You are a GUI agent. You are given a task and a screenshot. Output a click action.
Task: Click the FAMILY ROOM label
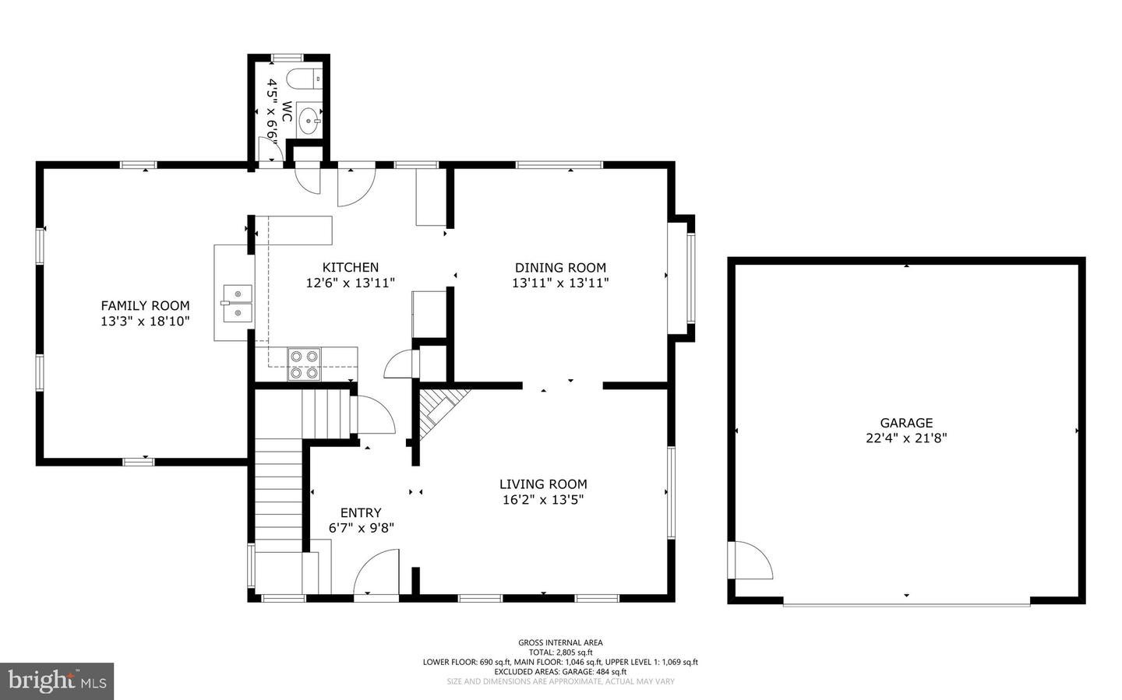tap(145, 306)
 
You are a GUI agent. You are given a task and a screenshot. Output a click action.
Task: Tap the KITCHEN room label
tap(351, 268)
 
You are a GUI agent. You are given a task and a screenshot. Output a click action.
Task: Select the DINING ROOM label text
tap(560, 268)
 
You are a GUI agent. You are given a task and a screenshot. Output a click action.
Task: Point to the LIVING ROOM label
tap(543, 484)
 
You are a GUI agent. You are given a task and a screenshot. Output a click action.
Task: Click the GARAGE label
tap(907, 423)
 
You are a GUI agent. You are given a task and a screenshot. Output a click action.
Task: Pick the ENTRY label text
tap(361, 512)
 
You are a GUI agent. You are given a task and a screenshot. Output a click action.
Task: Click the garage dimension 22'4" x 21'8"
tap(907, 438)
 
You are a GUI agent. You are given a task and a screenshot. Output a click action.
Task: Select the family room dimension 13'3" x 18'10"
tap(145, 321)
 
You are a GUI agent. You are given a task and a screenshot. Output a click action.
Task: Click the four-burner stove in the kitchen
tap(305, 364)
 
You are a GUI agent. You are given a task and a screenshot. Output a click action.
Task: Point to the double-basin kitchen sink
tap(237, 303)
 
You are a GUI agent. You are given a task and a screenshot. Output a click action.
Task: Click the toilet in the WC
tap(304, 78)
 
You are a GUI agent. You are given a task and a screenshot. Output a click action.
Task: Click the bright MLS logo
tap(57, 681)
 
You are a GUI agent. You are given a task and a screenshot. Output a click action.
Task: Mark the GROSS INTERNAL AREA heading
tap(560, 642)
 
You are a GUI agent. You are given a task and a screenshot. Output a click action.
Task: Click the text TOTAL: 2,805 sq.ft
tap(560, 653)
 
